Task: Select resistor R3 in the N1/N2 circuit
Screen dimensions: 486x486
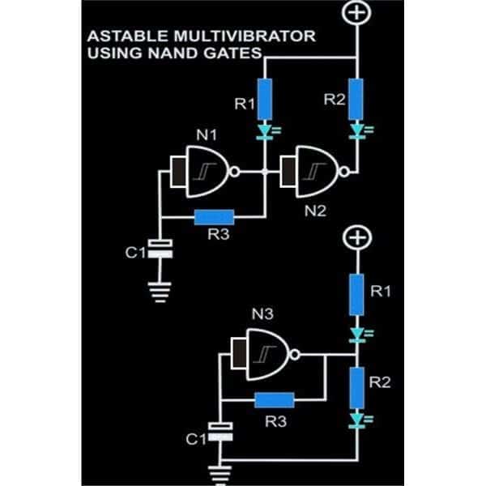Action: [x=214, y=215]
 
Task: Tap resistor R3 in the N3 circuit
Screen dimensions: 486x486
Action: [x=274, y=399]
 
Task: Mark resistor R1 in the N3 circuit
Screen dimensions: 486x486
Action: [x=356, y=293]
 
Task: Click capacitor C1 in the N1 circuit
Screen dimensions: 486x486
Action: [x=164, y=250]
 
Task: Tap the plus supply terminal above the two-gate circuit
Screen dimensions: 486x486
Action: [x=356, y=15]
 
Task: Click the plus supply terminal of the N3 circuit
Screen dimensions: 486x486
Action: [x=356, y=238]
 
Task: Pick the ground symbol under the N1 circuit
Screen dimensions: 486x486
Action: [x=164, y=292]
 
